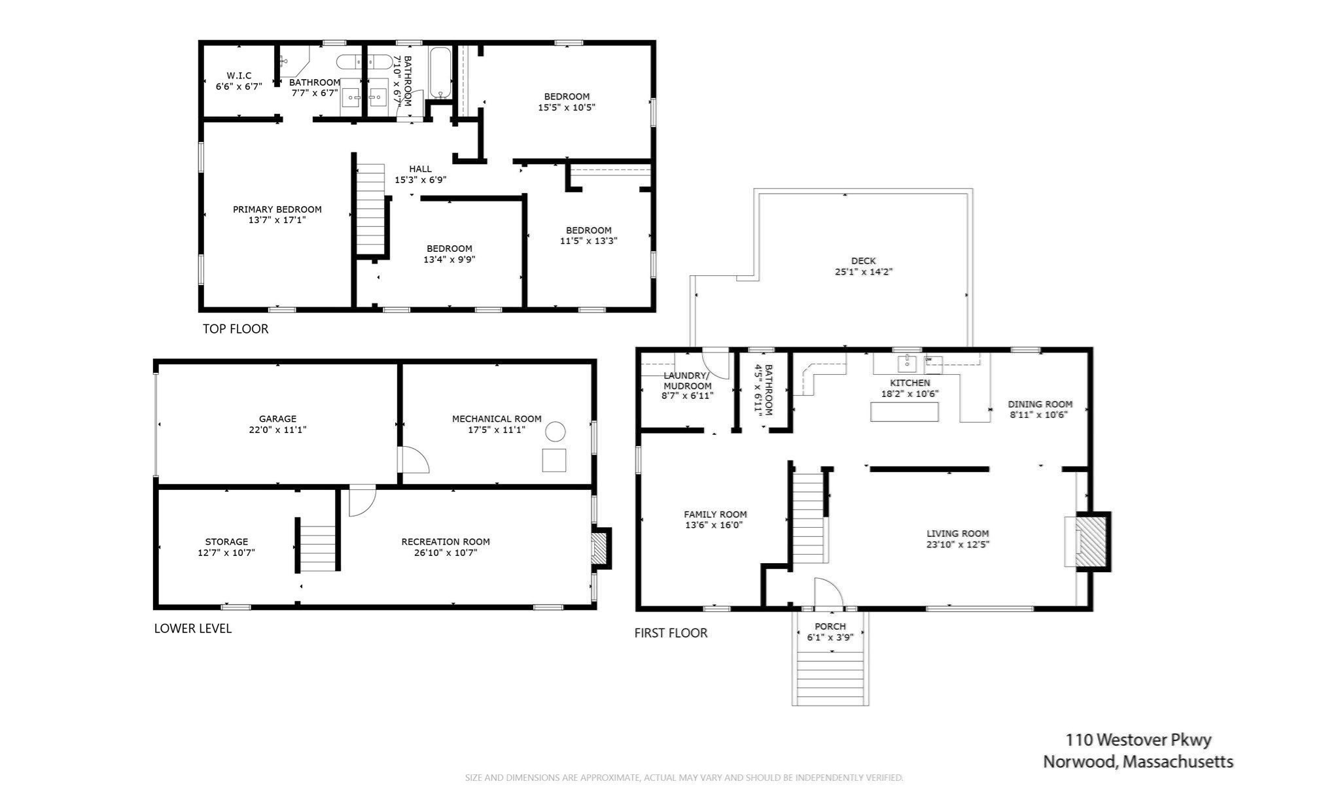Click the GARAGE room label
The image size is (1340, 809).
(277, 419)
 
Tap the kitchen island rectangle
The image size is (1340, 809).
(904, 412)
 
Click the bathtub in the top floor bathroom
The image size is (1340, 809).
(440, 72)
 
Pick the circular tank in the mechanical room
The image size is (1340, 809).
(555, 432)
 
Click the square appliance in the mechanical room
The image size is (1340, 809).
(554, 460)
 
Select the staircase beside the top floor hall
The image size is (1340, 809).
(370, 209)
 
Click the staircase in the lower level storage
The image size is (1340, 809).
(317, 544)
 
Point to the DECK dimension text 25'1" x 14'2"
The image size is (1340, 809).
(864, 271)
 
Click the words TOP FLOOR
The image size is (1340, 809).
(236, 329)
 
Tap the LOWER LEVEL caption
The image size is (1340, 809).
(193, 628)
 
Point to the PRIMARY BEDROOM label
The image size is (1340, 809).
(277, 209)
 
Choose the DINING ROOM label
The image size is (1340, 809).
(1040, 404)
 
